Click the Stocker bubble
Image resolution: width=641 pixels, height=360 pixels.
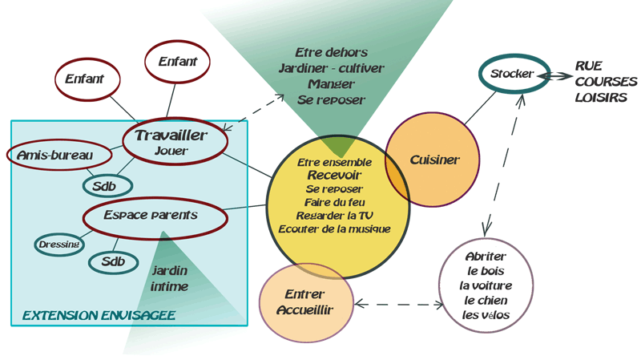coord(513,74)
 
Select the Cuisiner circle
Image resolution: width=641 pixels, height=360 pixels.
coord(434,160)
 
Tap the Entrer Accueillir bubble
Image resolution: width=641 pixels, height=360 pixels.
coord(306,302)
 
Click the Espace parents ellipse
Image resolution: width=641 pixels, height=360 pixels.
coord(151,216)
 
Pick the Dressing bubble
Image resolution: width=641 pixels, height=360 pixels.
coord(58,244)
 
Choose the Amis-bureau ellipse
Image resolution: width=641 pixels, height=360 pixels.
coord(55,154)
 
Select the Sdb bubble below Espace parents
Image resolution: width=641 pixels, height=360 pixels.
coord(113,261)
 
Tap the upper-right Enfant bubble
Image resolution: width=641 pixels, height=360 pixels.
coord(177,62)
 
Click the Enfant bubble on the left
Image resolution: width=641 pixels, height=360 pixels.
coord(86,80)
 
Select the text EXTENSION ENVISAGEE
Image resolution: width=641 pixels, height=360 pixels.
coord(99,315)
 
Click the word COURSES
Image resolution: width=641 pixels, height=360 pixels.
coord(606,82)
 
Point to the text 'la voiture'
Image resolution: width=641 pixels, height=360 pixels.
coord(486,285)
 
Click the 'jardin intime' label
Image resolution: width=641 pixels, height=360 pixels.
coord(169,278)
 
